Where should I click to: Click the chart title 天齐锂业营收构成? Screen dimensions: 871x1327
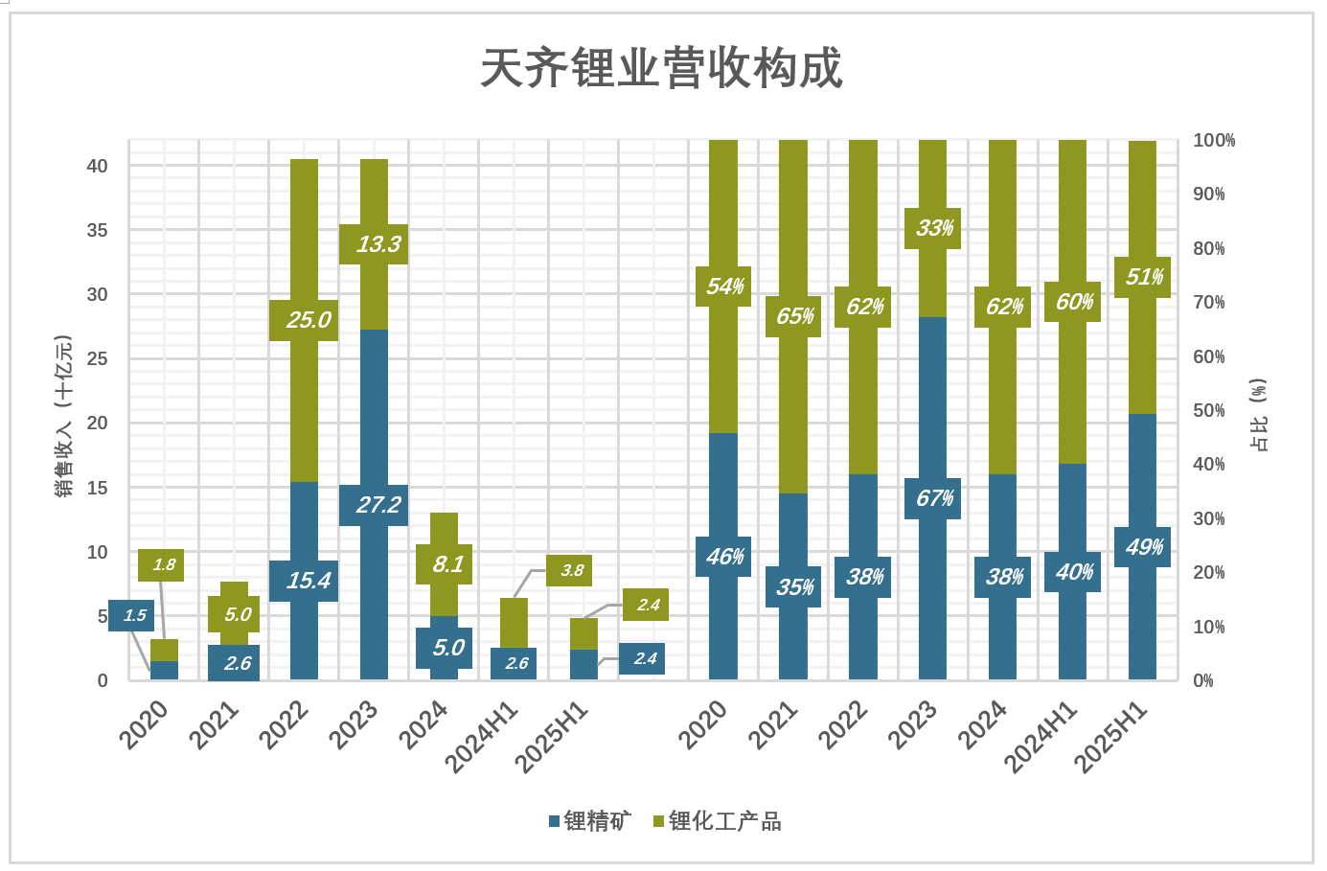coord(661,68)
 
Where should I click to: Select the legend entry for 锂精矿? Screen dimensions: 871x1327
coord(590,821)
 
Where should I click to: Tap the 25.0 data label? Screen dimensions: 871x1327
coord(308,320)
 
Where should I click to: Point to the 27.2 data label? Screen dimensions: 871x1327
coord(378,505)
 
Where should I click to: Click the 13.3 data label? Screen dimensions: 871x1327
coord(378,244)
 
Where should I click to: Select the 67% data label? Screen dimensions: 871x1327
coord(934,498)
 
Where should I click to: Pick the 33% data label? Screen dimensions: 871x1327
coord(934,228)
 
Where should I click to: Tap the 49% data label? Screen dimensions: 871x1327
coord(1144,547)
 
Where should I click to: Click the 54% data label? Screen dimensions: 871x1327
coord(724,287)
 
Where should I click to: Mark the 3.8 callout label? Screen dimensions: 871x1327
coord(571,570)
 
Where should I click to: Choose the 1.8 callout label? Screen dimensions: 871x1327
coord(163,564)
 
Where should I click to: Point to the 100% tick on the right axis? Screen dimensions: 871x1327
coord(1213,140)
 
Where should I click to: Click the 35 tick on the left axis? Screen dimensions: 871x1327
coord(97,230)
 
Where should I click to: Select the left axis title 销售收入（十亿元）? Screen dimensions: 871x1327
coord(63,416)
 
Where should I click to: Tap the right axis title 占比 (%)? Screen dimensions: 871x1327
coord(1259,414)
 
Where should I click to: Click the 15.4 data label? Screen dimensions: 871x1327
coord(308,581)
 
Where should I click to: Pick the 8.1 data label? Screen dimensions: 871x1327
coord(447,564)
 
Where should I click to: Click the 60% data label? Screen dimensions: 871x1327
coord(1074,302)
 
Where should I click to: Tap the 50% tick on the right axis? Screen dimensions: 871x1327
coord(1208,410)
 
